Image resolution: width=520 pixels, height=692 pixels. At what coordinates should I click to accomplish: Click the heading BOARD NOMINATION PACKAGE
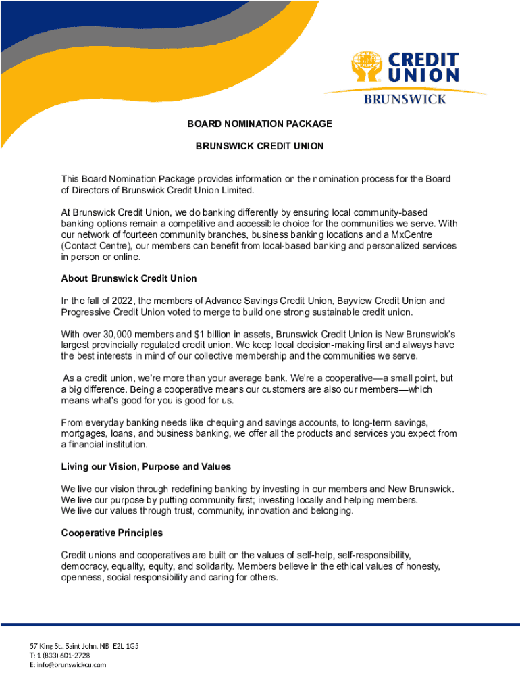[x=259, y=124]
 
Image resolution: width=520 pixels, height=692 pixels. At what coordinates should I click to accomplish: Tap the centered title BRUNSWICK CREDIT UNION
[x=259, y=146]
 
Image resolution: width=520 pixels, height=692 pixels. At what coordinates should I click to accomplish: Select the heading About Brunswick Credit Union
[x=128, y=278]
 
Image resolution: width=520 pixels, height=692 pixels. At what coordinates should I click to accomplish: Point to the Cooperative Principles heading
[x=111, y=533]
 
